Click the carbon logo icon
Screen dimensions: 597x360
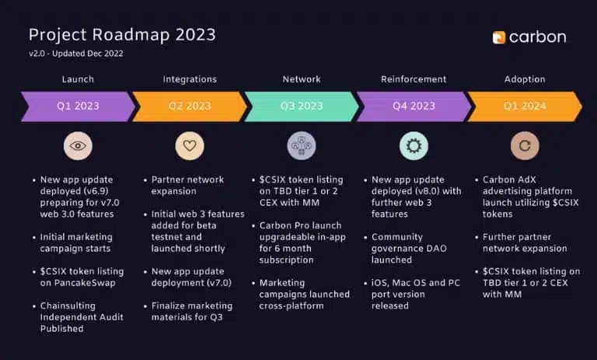click(499, 37)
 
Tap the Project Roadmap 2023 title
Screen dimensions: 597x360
click(122, 35)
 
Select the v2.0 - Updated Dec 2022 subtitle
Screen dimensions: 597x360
click(76, 54)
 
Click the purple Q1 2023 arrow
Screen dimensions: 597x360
click(78, 107)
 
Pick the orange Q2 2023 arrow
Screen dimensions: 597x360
click(190, 107)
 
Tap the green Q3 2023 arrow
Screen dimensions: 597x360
click(301, 107)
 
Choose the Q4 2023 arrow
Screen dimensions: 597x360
click(414, 107)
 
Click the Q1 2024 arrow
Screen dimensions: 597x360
click(525, 107)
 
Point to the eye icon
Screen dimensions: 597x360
click(78, 146)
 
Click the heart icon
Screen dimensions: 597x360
click(190, 146)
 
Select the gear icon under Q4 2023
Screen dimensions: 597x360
click(414, 146)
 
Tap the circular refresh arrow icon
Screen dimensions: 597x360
click(525, 146)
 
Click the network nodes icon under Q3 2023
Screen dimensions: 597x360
click(302, 146)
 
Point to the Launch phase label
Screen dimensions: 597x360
click(78, 79)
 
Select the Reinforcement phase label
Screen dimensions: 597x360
click(414, 79)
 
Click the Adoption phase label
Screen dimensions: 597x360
click(525, 79)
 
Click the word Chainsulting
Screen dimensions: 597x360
click(68, 306)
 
